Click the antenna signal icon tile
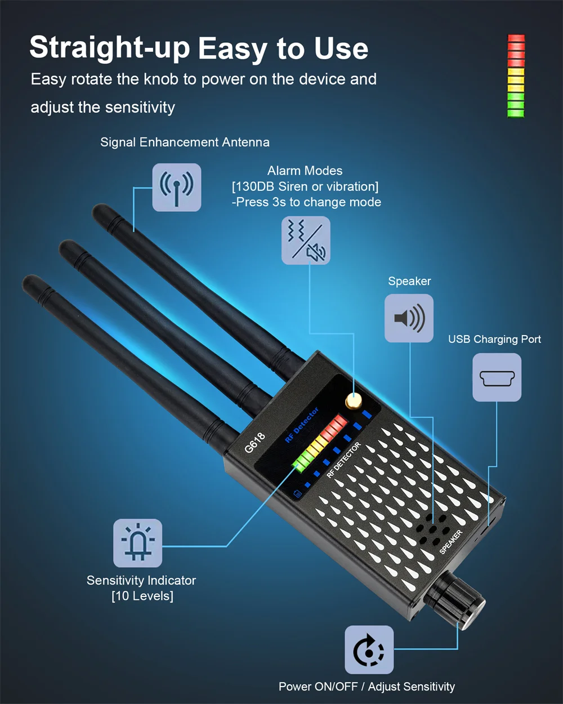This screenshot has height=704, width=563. [x=176, y=188]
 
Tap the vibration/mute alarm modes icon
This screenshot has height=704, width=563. [x=306, y=240]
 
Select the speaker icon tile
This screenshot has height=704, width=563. [x=409, y=318]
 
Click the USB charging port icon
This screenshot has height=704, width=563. [x=497, y=377]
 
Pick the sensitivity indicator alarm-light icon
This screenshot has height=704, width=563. [x=137, y=543]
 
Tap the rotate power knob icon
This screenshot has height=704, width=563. [x=369, y=650]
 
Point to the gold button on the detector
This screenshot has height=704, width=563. [x=354, y=401]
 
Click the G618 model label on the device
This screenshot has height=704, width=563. [x=255, y=443]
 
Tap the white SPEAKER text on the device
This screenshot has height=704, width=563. [x=451, y=542]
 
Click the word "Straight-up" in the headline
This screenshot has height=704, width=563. [x=110, y=48]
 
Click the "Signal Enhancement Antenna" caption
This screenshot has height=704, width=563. [x=185, y=142]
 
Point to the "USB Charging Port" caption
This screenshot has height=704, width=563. [x=494, y=339]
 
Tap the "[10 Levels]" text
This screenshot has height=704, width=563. [x=142, y=596]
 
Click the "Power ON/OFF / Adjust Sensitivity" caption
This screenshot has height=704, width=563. [x=367, y=687]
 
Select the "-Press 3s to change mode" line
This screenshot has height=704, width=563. [x=306, y=202]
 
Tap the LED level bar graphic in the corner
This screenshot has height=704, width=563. [x=516, y=76]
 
